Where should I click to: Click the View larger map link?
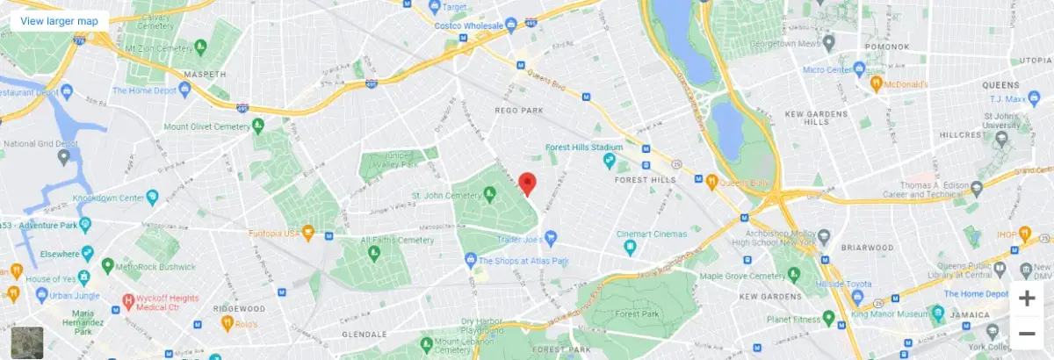[x=59, y=20]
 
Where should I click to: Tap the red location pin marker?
[x=527, y=184]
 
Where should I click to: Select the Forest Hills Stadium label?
[x=583, y=147]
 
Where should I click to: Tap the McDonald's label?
[x=906, y=84]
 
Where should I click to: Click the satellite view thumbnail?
[x=26, y=342]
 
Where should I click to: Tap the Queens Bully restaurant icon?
[x=712, y=183]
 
